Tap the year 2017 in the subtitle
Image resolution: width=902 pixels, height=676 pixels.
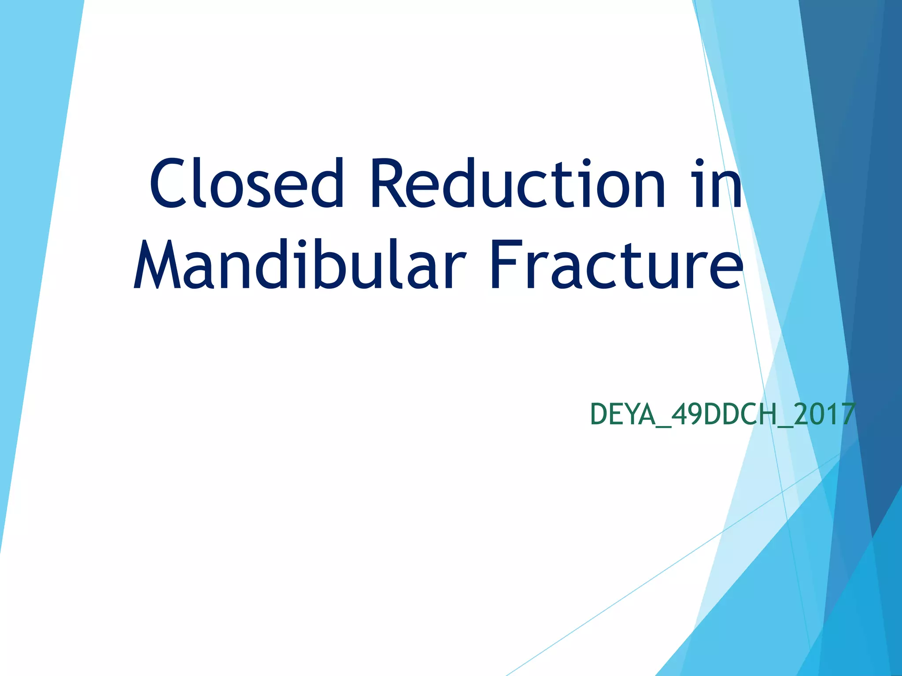(x=824, y=415)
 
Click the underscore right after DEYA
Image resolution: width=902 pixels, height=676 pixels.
(x=664, y=426)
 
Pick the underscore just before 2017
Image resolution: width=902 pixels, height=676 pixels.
(x=785, y=426)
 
